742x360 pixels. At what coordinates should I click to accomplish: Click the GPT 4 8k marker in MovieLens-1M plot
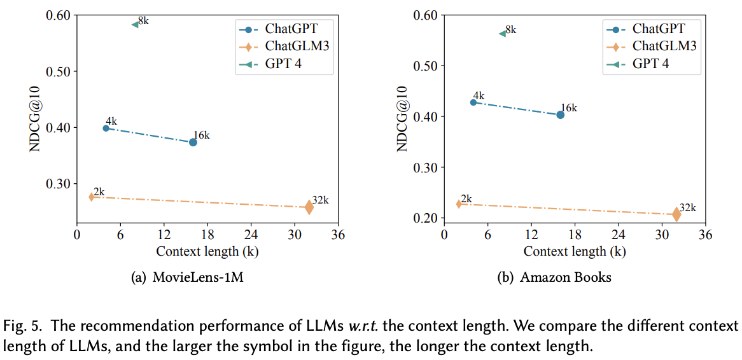click(x=135, y=24)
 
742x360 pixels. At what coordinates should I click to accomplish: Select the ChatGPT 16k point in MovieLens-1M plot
click(x=193, y=142)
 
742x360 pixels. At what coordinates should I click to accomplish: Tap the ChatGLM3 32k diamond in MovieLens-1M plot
click(x=309, y=207)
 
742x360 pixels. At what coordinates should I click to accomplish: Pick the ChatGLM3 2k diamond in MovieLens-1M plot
click(x=91, y=197)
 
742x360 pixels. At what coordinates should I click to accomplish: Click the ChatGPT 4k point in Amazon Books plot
click(x=473, y=102)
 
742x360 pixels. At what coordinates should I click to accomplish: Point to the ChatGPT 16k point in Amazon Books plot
click(x=560, y=114)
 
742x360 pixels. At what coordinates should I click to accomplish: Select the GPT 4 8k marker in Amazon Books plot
click(x=502, y=33)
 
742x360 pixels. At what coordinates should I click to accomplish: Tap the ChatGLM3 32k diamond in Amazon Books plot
click(x=676, y=214)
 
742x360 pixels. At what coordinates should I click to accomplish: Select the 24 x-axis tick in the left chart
click(x=251, y=235)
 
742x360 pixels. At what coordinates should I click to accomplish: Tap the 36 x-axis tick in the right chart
click(x=705, y=235)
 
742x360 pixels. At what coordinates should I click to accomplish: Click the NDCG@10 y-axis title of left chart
click(x=36, y=119)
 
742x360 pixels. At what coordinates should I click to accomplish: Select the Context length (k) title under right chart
click(x=574, y=251)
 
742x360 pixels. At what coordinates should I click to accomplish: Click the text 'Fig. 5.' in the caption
click(x=23, y=326)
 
